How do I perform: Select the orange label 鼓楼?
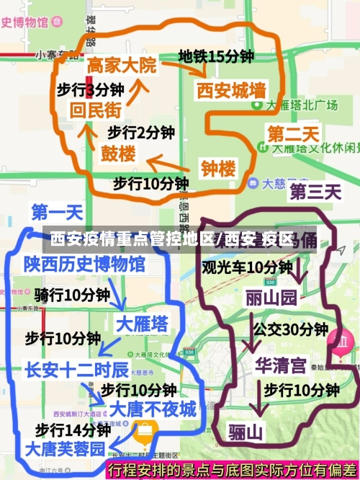pyautogui.click(x=117, y=154)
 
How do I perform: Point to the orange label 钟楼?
pyautogui.click(x=218, y=169)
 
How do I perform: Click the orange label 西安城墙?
pyautogui.click(x=231, y=91)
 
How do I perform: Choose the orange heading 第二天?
pyautogui.click(x=293, y=134)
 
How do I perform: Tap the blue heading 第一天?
pyautogui.click(x=57, y=213)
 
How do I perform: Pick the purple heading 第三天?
pyautogui.click(x=315, y=192)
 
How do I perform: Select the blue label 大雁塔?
pyautogui.click(x=143, y=322)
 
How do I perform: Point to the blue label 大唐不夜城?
pyautogui.click(x=153, y=409)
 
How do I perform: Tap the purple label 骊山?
pyautogui.click(x=246, y=432)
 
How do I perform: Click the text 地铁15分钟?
pyautogui.click(x=216, y=55)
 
